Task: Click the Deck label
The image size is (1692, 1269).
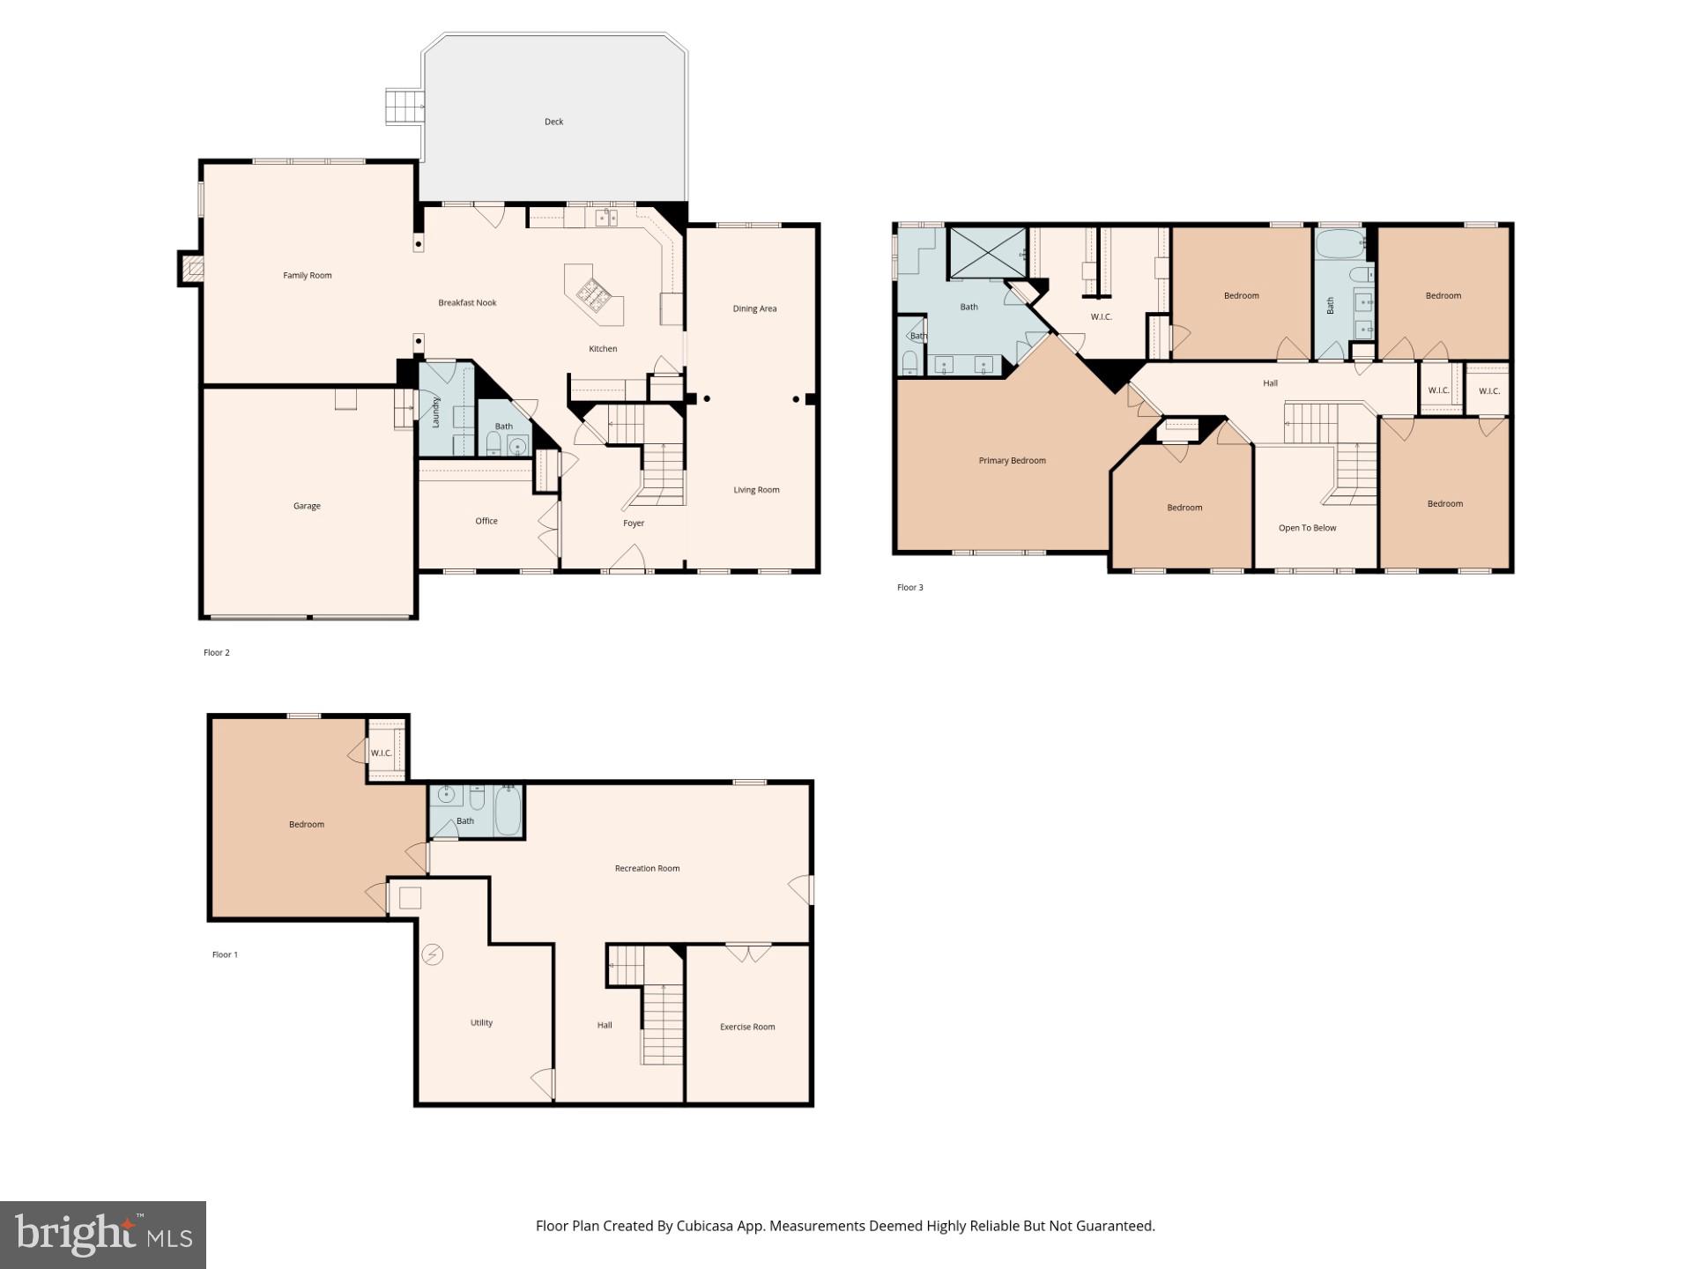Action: point(553,122)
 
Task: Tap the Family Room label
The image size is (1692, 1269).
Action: point(307,276)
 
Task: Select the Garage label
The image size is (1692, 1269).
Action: point(307,506)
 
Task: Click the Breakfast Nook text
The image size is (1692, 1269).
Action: point(467,303)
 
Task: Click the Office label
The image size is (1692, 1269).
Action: point(486,522)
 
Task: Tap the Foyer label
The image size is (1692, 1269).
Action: point(634,523)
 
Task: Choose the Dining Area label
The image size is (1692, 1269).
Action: point(754,308)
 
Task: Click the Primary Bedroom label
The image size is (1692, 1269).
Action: point(1012,461)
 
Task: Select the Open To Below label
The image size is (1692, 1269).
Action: point(1307,529)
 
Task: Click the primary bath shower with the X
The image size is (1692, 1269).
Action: point(987,254)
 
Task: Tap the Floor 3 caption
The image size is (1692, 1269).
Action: point(909,588)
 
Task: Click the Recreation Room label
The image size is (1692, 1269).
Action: point(647,869)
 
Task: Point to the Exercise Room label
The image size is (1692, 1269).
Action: point(747,1027)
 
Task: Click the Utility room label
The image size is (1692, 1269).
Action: point(481,1023)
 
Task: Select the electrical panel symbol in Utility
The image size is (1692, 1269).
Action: point(432,954)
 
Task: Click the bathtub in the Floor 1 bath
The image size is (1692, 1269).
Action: point(508,811)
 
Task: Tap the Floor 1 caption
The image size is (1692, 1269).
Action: point(225,955)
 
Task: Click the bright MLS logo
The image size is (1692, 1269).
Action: point(103,1235)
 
